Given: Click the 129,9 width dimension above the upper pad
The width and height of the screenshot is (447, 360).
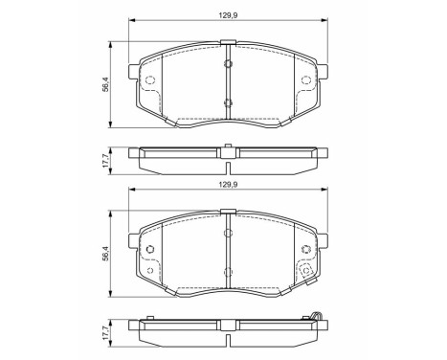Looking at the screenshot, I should click(x=227, y=13).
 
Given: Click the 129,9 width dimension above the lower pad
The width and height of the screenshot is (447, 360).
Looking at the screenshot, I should click(x=227, y=185).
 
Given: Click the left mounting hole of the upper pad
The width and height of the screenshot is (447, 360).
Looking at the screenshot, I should click(x=149, y=80).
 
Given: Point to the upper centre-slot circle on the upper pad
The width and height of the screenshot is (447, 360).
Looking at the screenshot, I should click(x=227, y=64).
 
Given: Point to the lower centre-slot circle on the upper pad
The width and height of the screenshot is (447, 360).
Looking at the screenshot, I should click(x=227, y=102).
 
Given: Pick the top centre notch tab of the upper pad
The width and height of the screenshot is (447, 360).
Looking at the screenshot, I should click(x=227, y=41).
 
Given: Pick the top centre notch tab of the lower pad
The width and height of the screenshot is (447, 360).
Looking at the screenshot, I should click(x=227, y=213).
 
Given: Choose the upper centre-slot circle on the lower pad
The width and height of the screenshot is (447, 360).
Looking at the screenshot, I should click(x=227, y=233).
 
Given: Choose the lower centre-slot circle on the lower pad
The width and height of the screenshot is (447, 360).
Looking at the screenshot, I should click(x=227, y=277).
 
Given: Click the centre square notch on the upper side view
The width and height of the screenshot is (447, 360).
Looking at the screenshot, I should click(x=227, y=149).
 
